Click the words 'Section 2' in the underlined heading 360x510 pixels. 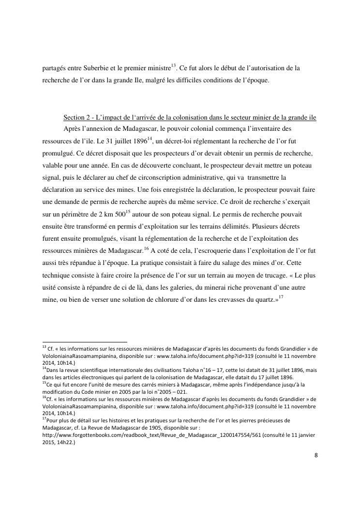point(77,119)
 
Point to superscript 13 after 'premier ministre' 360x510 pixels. point(174,65)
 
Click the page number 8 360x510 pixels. point(315,456)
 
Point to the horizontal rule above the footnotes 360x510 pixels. point(84,341)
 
